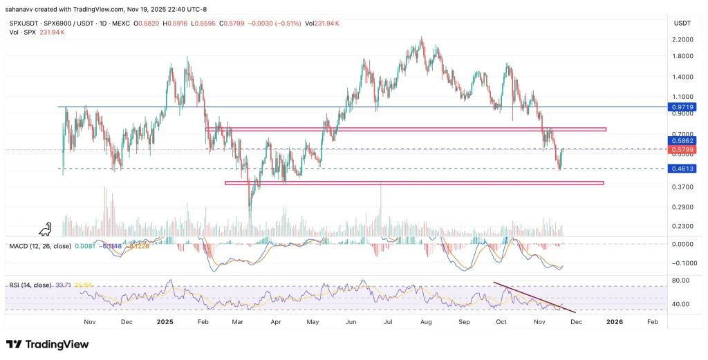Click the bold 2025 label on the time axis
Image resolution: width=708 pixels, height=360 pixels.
coord(165,322)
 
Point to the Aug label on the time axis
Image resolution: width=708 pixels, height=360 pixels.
coord(426,322)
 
